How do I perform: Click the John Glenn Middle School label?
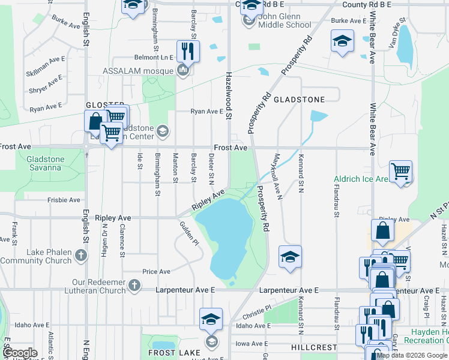pyautogui.click(x=285, y=20)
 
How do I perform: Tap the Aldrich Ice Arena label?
pyautogui.click(x=359, y=179)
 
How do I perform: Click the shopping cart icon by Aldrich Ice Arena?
pyautogui.click(x=400, y=172)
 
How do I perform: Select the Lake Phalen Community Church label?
pyautogui.click(x=36, y=256)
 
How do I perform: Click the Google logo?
pyautogui.click(x=20, y=353)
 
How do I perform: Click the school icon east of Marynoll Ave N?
pyautogui.click(x=290, y=257)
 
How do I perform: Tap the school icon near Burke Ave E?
pyautogui.click(x=342, y=41)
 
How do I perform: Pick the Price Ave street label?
pyautogui.click(x=156, y=272)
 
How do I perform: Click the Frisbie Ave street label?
pyautogui.click(x=64, y=200)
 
